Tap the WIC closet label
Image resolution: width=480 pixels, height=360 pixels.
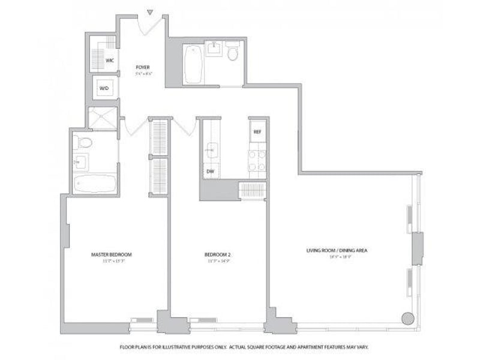pos(110,61)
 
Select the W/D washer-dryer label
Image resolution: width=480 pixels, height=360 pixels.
pos(104,88)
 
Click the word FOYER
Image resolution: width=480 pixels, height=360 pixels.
pos(142,67)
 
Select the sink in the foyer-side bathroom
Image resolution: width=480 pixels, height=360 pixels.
pos(213,47)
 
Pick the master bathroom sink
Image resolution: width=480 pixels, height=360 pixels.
pos(80,161)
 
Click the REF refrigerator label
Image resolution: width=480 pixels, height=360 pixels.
pos(257,131)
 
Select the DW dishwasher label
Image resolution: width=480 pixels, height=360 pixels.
pos(211,171)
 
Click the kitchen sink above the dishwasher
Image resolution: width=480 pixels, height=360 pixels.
pos(211,149)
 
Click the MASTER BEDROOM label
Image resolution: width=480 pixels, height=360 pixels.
pos(112,254)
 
